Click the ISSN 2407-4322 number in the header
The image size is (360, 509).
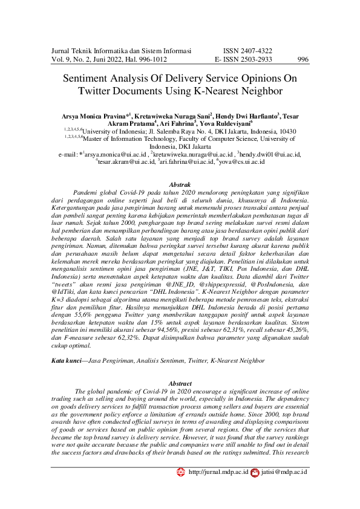pyautogui.click(x=247, y=51)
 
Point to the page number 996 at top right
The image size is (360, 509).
pyautogui.click(x=303, y=60)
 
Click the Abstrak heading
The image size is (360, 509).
pyautogui.click(x=180, y=184)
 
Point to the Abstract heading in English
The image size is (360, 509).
pyautogui.click(x=180, y=383)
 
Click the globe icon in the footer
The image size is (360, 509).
pyautogui.click(x=180, y=472)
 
